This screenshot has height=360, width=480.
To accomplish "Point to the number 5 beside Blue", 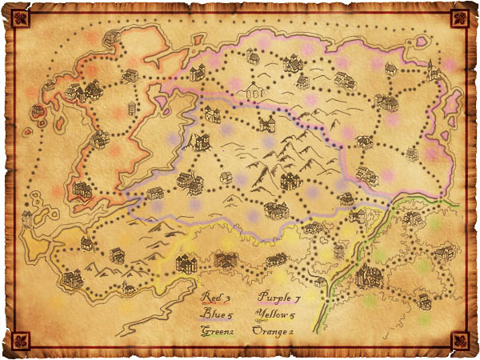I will tap(230, 314).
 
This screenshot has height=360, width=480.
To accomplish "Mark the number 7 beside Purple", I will tap(297, 298).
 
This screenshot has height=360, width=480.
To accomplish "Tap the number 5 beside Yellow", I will tap(295, 314).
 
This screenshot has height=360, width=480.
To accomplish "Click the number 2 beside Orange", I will tap(293, 330).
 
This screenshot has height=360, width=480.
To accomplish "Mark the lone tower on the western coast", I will tap(26, 217).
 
